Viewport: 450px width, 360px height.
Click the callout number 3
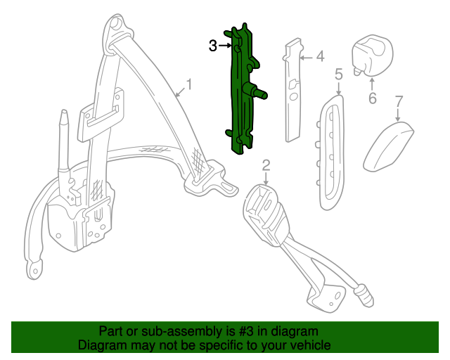pos(212,46)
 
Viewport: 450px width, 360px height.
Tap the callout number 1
pos(189,84)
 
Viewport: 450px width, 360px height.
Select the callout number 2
pos(266,166)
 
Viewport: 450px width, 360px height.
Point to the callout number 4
pos(320,56)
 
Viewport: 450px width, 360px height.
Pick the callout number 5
pos(339,74)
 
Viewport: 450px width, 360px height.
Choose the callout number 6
pos(372,98)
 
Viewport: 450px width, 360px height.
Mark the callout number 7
pos(399,101)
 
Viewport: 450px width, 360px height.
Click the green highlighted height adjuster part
pos(243,89)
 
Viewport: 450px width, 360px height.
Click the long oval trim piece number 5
pos(330,152)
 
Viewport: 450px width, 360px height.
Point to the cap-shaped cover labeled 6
pos(372,55)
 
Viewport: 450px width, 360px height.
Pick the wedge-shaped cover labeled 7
pos(388,147)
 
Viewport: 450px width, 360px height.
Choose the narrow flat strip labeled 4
pos(292,89)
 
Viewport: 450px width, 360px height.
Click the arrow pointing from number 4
pos(307,58)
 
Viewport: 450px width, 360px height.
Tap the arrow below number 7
pos(398,115)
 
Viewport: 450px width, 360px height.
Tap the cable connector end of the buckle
pos(364,295)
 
